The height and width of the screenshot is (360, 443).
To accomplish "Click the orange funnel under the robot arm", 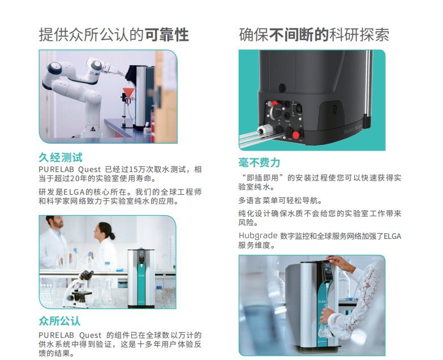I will pyautogui.click(x=130, y=93).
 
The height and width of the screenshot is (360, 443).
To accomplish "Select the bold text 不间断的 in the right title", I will pyautogui.click(x=299, y=35).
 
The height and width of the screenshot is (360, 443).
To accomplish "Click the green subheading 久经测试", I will pyautogui.click(x=61, y=157).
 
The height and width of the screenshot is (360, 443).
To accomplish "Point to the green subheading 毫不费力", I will pyautogui.click(x=259, y=163).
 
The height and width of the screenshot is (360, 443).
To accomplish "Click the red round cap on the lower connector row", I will pyautogui.click(x=295, y=135).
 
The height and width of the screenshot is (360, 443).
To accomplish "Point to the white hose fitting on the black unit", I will pyautogui.click(x=263, y=130).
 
